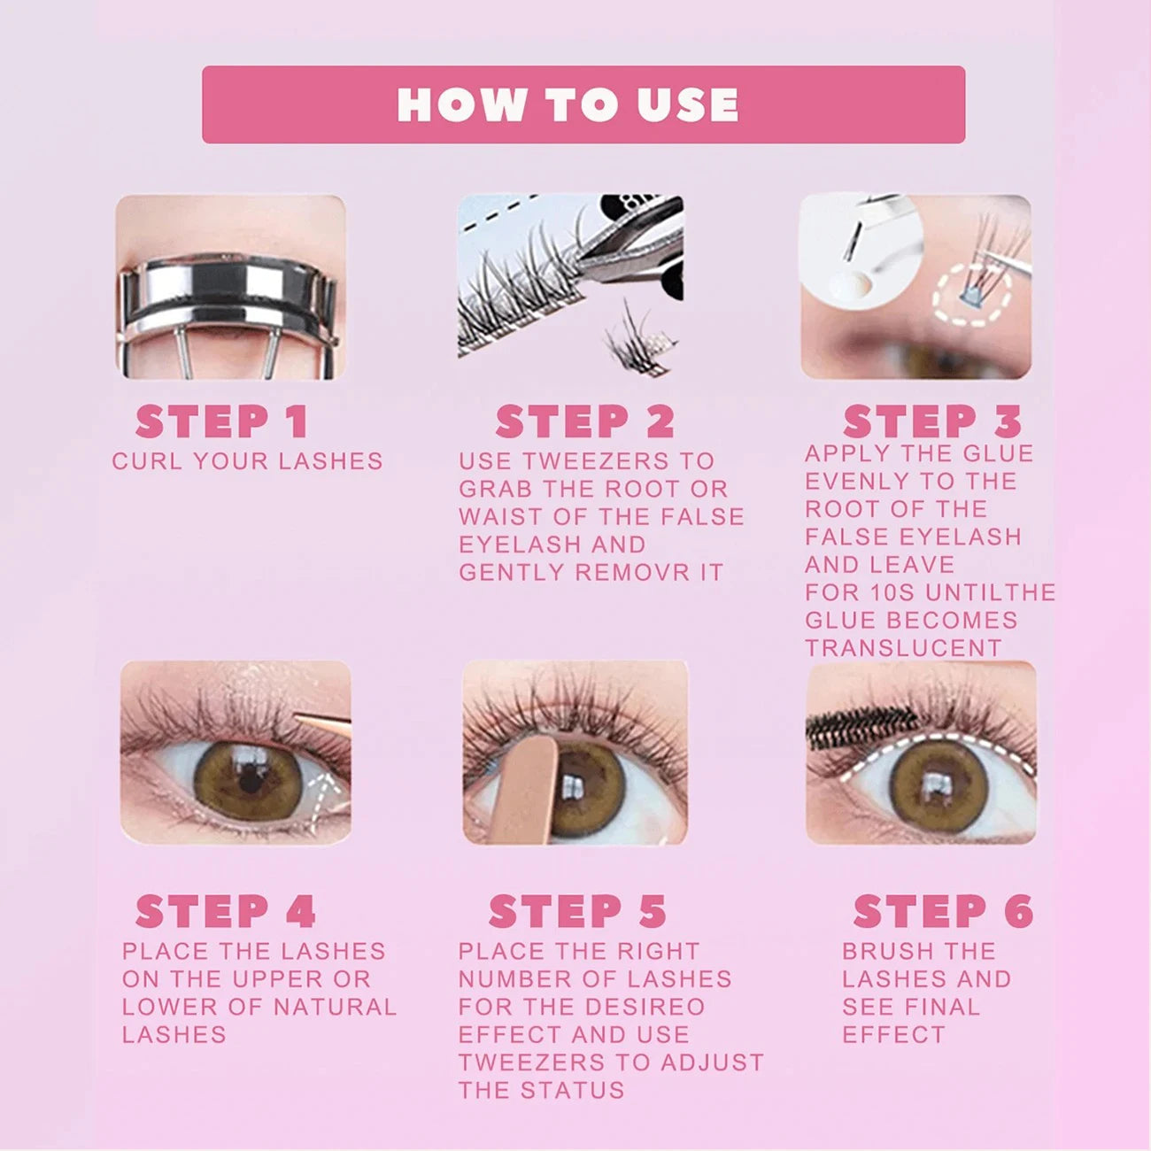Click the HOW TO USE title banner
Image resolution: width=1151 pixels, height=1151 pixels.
[583, 104]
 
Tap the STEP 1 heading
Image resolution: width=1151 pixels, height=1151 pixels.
[221, 422]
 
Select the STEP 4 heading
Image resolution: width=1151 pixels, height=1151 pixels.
[226, 912]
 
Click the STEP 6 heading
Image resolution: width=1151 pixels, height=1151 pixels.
[943, 912]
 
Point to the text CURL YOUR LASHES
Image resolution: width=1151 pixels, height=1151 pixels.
[247, 461]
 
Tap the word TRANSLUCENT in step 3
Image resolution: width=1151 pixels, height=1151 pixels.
[903, 648]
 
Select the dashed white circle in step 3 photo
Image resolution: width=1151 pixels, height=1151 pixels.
[971, 295]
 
